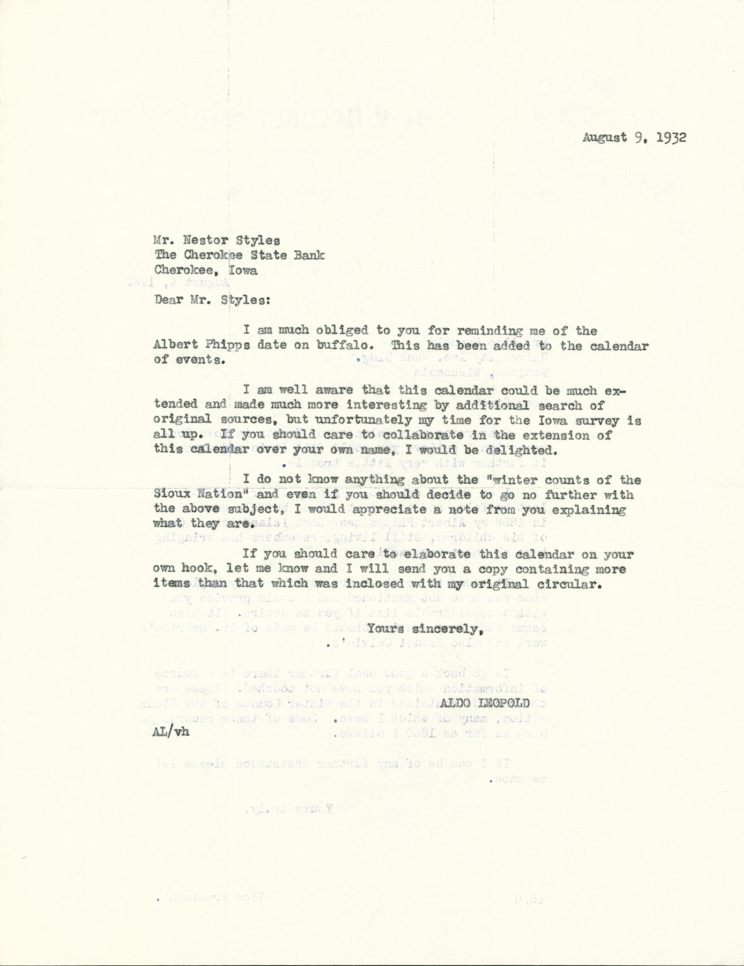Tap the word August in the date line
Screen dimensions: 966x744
point(603,137)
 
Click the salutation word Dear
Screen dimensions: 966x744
point(168,300)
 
